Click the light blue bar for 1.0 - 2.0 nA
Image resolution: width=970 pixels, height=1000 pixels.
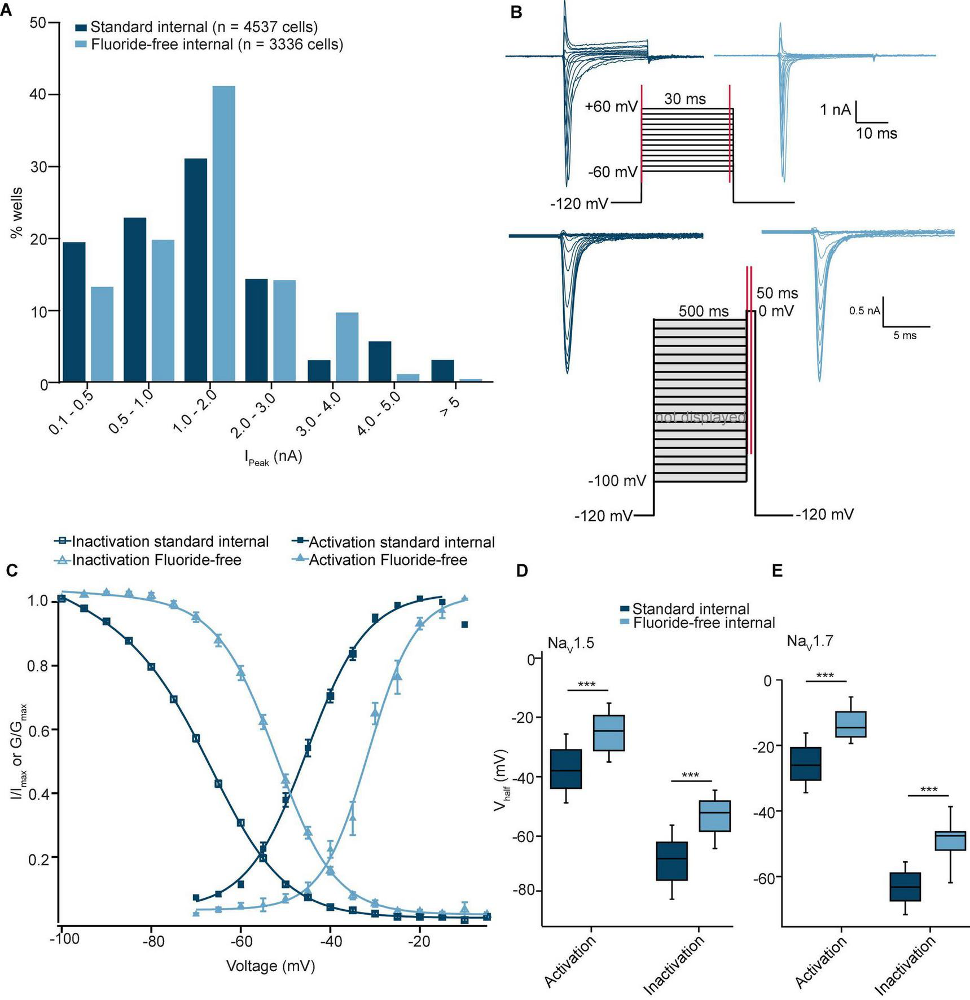tap(223, 234)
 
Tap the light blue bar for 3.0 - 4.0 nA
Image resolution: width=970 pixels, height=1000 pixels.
tap(347, 347)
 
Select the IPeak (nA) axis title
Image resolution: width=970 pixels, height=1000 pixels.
tap(274, 457)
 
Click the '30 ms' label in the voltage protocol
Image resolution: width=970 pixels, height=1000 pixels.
tap(684, 99)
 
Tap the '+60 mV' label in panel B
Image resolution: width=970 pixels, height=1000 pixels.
tap(611, 107)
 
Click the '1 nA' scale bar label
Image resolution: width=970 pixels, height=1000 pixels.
tap(835, 110)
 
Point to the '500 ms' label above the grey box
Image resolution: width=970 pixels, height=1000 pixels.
tap(703, 312)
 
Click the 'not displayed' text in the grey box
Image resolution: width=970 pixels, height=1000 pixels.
tap(700, 418)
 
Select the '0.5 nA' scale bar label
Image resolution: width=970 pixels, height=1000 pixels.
tap(864, 311)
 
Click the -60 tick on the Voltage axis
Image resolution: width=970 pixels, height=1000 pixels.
tap(241, 942)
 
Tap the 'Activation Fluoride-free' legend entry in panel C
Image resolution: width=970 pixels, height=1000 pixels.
tap(388, 560)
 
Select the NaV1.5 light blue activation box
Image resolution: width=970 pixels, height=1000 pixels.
tap(609, 733)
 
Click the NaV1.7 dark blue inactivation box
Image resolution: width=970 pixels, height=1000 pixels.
tap(905, 887)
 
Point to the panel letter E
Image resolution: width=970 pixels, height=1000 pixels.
tap(777, 571)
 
